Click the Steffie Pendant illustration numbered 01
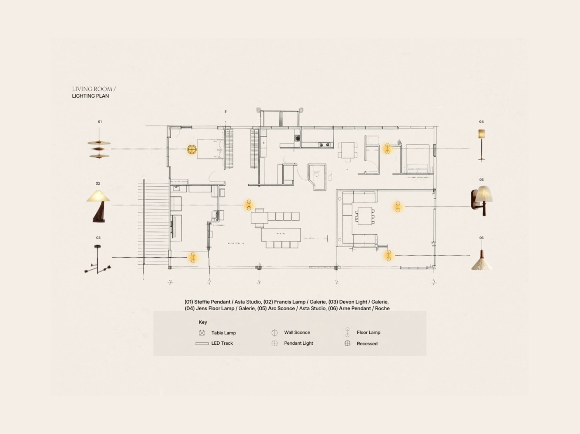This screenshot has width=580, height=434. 99,147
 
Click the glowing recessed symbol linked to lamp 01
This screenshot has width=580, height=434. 192,149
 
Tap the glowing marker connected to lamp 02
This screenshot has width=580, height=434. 249,205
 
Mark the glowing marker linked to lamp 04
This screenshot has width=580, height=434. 388,149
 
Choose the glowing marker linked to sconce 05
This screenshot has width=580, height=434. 398,207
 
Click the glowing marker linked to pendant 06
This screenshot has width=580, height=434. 389,255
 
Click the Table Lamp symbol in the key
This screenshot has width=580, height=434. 202,333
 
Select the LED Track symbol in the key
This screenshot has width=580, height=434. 202,343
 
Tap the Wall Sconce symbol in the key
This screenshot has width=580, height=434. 275,333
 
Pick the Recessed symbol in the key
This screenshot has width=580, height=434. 347,343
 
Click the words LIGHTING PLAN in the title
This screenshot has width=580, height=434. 90,96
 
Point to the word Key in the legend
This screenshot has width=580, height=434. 203,322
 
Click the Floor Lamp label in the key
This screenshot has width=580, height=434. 368,332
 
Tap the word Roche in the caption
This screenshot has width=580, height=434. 382,308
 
